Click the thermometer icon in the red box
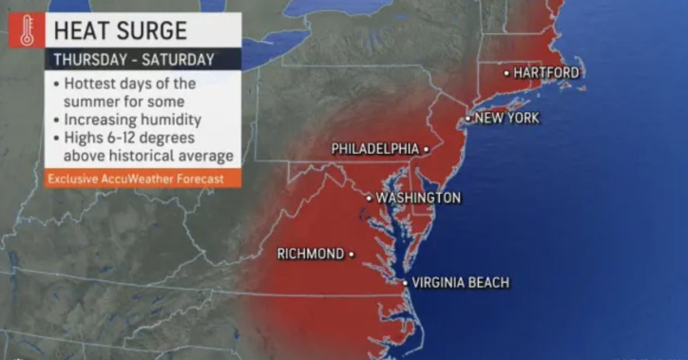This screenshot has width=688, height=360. [26, 29]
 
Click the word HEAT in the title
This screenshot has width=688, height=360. [82, 30]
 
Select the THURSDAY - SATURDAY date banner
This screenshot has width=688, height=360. [133, 59]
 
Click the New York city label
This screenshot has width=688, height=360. [506, 119]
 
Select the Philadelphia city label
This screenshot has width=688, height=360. [374, 149]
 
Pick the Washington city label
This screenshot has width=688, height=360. [418, 198]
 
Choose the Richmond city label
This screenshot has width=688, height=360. [310, 254]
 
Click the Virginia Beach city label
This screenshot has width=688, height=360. [461, 282]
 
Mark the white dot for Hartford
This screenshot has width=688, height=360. [506, 73]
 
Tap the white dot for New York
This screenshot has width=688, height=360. [468, 119]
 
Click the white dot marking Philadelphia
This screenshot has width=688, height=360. [427, 149]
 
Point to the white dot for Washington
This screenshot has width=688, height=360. [370, 198]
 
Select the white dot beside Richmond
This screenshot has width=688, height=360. [352, 254]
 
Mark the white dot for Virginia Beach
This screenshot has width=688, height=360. [405, 282]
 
